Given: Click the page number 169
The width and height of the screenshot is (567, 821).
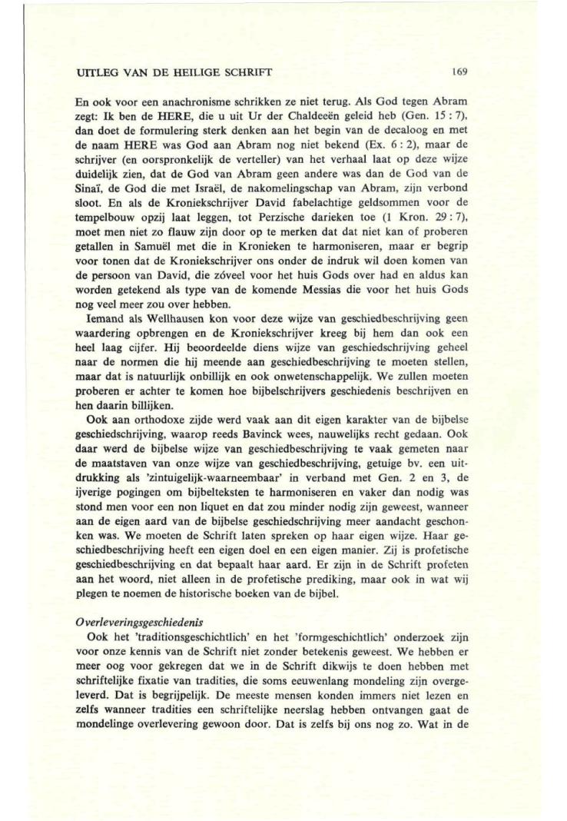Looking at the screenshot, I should point(460,72).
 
